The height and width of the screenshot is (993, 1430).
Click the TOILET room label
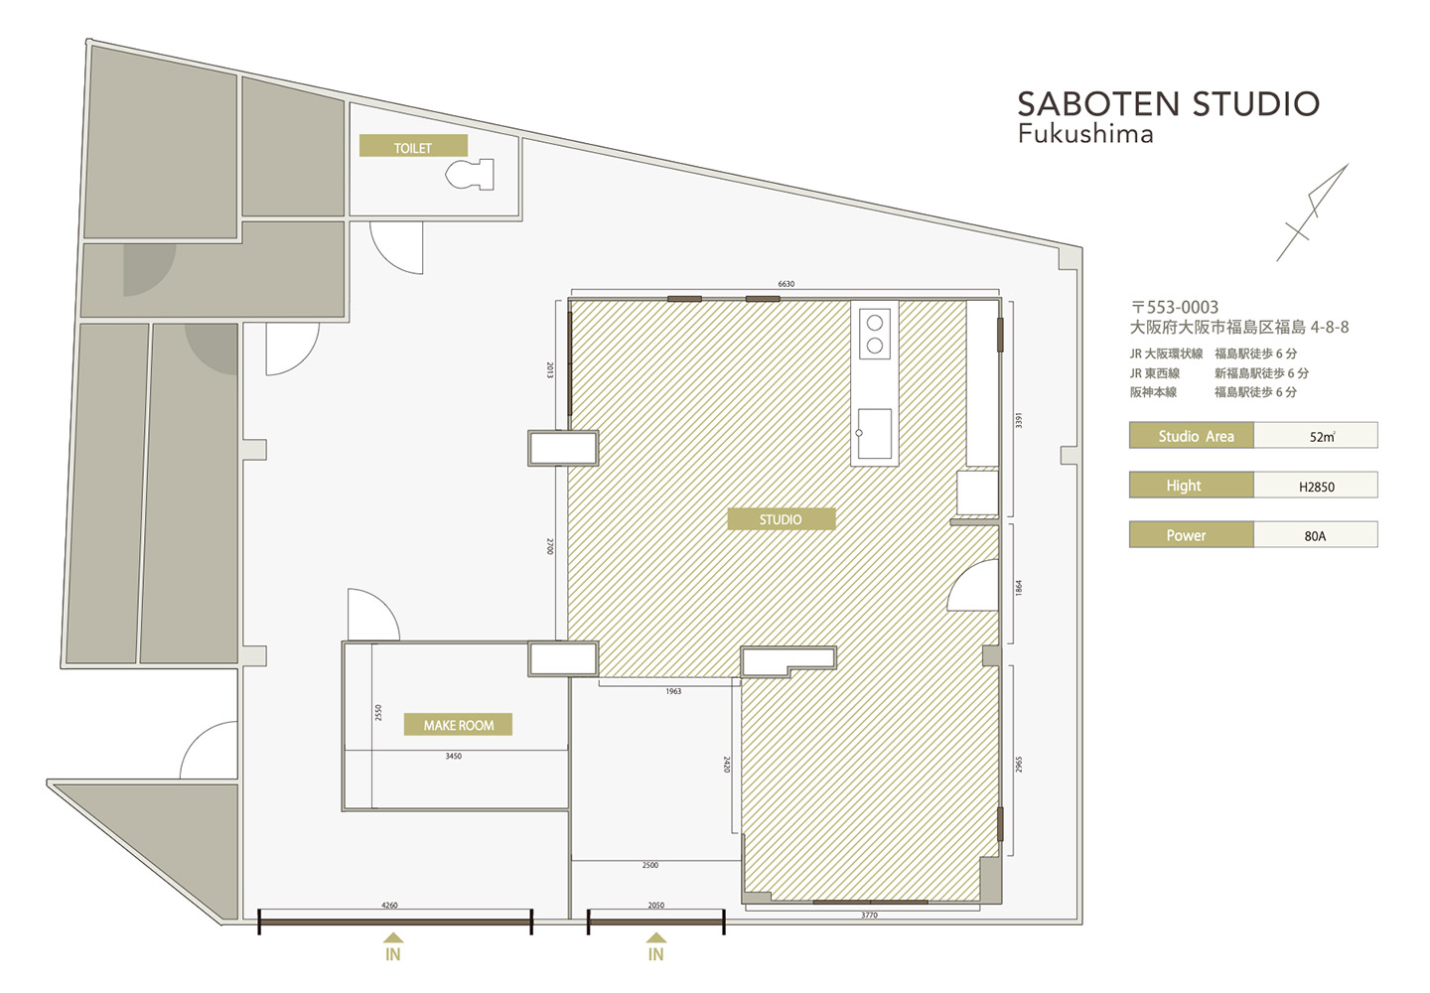(413, 146)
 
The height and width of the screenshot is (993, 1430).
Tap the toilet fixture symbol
(471, 174)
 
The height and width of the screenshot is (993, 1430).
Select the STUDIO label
(781, 518)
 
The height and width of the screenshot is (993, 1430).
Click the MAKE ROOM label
(459, 724)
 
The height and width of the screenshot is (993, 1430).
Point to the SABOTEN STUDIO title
(1168, 104)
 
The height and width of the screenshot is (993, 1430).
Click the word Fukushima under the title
(1085, 134)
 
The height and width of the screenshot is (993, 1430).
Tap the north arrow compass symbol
(1312, 213)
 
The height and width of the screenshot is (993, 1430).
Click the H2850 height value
(1317, 487)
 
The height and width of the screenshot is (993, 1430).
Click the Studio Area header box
(1192, 436)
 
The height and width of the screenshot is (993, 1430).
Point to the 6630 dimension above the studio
(786, 284)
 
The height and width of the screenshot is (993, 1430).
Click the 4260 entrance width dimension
(389, 905)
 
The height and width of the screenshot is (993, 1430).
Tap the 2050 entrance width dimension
(655, 905)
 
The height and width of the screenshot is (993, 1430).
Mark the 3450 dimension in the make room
(453, 757)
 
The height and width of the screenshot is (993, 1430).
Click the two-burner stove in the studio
(875, 334)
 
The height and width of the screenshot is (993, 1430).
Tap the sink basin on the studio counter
(874, 434)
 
